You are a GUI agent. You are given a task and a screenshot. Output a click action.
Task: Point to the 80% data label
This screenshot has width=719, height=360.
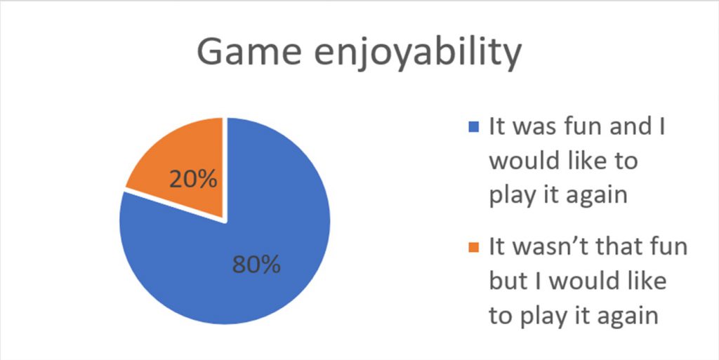pyautogui.click(x=256, y=265)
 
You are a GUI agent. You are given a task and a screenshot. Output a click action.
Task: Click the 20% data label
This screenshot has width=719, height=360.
pyautogui.click(x=193, y=180)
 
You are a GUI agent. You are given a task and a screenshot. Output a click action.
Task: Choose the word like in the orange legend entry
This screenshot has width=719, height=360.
pyautogui.click(x=648, y=281)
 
